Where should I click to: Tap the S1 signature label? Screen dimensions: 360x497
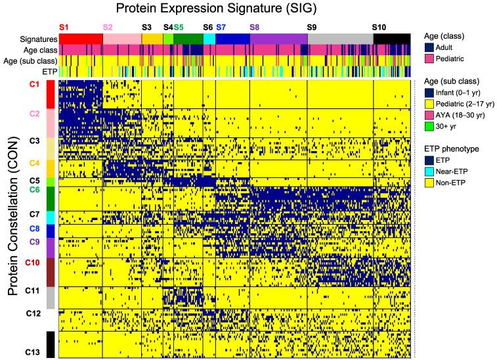[x=64, y=27]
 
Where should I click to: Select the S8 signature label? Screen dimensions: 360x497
[x=255, y=27]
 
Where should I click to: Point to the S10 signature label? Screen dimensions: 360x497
[x=379, y=27]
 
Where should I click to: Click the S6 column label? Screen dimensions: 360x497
[x=207, y=27]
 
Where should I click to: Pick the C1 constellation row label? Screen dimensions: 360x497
[x=34, y=85]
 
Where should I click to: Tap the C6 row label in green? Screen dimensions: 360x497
[x=34, y=190]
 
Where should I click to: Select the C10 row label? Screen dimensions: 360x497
[x=32, y=263]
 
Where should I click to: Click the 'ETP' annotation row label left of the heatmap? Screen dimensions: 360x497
[x=49, y=71]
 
